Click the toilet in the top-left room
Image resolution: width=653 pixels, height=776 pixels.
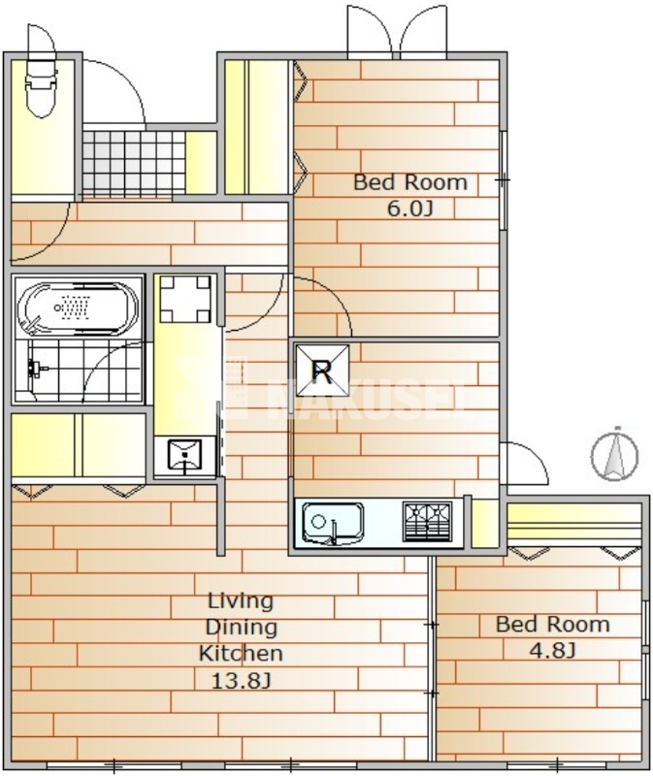[41, 88]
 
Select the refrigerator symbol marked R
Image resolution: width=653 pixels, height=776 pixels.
[322, 371]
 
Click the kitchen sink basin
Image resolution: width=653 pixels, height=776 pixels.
[333, 523]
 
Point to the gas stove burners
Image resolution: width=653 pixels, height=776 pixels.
[427, 522]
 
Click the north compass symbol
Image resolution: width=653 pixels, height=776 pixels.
[614, 454]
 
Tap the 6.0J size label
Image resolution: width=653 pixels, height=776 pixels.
[409, 209]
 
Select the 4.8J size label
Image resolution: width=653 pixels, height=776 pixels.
[552, 650]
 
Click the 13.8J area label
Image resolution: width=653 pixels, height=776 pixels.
[241, 681]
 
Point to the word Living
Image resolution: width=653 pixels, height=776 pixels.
[241, 600]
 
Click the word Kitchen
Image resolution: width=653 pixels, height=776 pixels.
[241, 653]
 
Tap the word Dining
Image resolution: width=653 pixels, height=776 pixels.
[241, 628]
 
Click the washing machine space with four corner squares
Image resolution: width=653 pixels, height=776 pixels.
[185, 299]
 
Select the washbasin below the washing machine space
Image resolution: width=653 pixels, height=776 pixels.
[184, 455]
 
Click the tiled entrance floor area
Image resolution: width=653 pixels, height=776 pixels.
[133, 163]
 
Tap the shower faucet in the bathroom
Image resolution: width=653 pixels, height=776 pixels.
[37, 369]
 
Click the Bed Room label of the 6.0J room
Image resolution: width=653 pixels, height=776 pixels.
[409, 182]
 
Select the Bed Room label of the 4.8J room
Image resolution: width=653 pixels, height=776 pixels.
[552, 624]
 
